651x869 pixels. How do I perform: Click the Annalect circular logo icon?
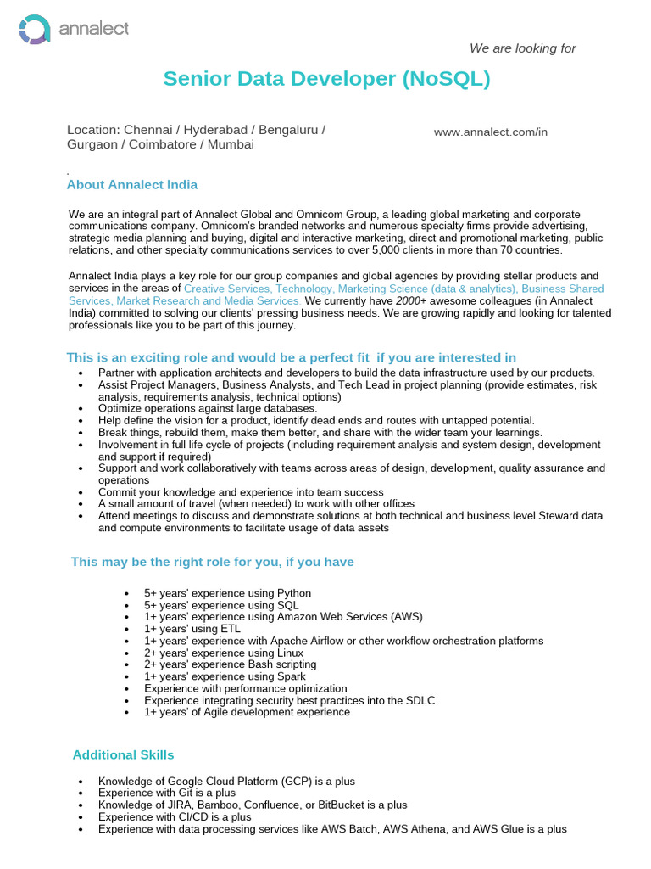[x=35, y=30]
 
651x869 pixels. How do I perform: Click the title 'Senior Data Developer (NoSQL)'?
[x=326, y=79]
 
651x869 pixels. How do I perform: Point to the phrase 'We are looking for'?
[x=522, y=48]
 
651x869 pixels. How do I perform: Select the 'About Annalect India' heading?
[x=132, y=185]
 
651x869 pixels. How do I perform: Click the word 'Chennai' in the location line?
[x=146, y=130]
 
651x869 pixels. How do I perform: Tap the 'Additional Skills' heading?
[x=123, y=754]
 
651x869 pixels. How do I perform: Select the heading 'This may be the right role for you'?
[x=212, y=562]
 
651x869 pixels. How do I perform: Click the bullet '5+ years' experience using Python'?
[x=227, y=593]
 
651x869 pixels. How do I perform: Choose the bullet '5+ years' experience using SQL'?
[x=221, y=605]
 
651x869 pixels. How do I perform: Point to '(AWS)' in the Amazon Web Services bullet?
[x=405, y=617]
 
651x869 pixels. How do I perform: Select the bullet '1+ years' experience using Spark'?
[x=225, y=676]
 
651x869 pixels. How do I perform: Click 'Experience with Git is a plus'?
[x=167, y=793]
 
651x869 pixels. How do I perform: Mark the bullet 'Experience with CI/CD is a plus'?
[x=175, y=816]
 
